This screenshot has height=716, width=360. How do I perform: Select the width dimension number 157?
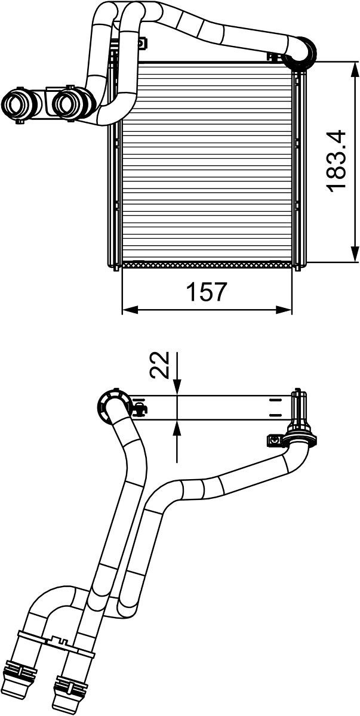[x=207, y=292]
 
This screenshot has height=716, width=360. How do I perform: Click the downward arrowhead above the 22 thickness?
[x=178, y=388]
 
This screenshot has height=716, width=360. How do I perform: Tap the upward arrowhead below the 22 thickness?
[x=178, y=427]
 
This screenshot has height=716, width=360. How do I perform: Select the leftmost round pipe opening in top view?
[x=17, y=104]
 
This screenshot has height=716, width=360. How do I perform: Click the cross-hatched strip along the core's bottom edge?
[x=207, y=263]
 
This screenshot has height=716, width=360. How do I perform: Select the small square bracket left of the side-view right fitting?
[x=273, y=440]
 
